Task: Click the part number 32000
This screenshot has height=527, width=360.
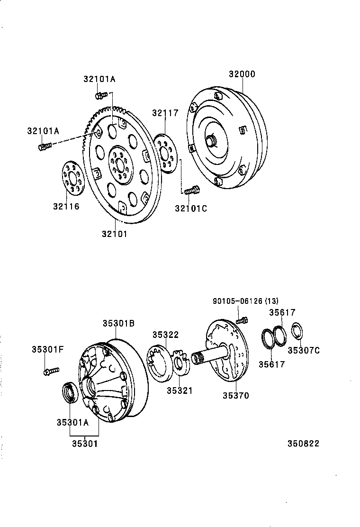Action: click(242, 74)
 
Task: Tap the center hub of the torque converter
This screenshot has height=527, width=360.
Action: click(210, 140)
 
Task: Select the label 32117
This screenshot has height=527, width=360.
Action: click(165, 113)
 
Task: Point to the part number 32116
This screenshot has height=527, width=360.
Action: click(66, 206)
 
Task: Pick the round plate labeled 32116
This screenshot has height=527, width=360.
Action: click(72, 178)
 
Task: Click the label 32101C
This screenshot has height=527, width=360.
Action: click(191, 208)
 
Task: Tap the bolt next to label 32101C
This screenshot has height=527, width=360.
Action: click(191, 191)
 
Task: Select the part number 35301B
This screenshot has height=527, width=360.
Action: click(118, 323)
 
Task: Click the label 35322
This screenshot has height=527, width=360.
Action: click(165, 334)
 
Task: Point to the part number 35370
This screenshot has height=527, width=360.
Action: click(235, 395)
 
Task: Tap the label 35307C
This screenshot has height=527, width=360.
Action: click(303, 350)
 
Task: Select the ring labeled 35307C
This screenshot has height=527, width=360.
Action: click(297, 331)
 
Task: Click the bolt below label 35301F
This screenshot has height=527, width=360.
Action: click(50, 371)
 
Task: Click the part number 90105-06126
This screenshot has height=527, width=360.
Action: click(236, 301)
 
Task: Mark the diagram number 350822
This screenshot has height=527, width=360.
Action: click(303, 444)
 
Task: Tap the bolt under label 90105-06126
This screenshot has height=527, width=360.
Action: click(242, 320)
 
